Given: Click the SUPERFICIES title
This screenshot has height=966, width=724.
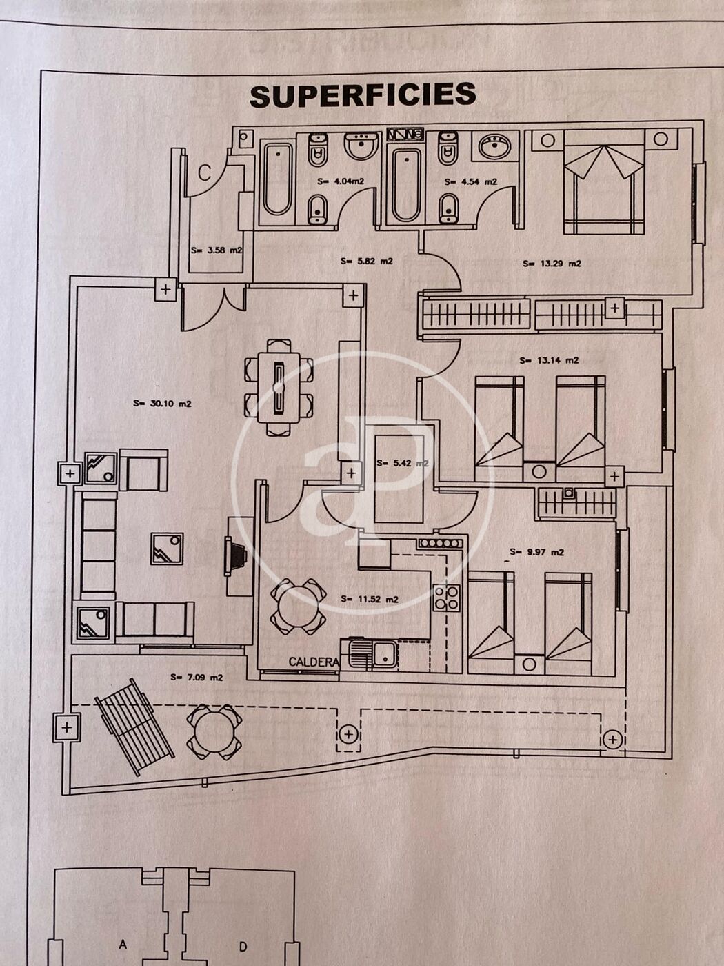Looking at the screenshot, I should pos(363,96).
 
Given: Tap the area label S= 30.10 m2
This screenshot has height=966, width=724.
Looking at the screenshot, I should pos(162,404).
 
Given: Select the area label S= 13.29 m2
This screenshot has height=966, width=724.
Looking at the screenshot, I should pos(552,263).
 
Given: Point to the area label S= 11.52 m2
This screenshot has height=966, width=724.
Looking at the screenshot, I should pos(370,600).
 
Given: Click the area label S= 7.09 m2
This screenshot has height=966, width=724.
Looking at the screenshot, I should pos(197,678).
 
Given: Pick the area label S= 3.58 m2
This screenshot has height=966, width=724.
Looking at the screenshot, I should pos(217,250).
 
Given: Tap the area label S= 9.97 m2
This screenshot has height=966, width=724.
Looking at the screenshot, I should pos(536,552).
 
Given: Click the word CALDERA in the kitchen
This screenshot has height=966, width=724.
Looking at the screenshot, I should pos(314,662).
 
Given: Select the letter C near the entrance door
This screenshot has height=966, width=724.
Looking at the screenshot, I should pos(205,172).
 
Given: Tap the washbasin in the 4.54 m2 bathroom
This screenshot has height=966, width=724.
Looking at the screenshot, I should pos(494,146).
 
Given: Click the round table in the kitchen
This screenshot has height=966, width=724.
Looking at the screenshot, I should pos(298,607).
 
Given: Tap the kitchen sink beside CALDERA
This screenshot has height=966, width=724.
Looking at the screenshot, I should pos(373,653).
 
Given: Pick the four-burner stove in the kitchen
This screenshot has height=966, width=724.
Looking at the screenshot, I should pos(446,598).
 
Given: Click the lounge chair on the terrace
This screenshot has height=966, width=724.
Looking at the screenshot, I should pos(134,726).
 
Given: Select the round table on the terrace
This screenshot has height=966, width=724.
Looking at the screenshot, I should pos(214,732).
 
